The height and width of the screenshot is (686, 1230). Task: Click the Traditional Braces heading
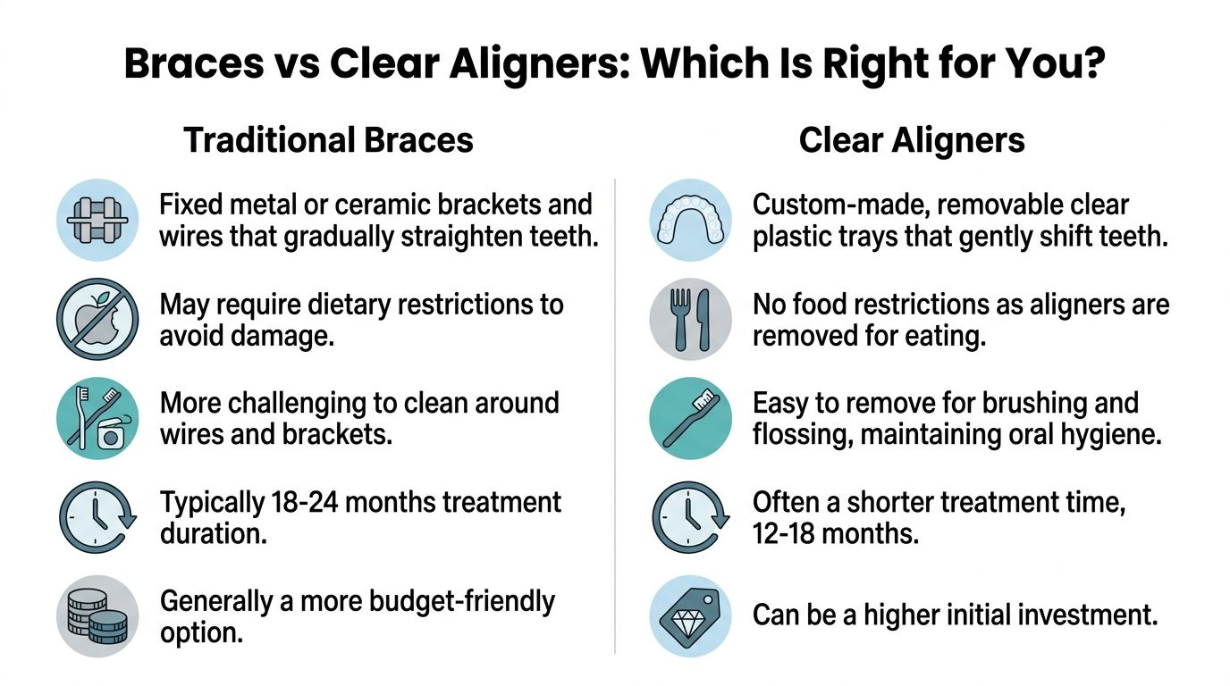click(x=328, y=141)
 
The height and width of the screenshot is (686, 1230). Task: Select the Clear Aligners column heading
click(x=912, y=141)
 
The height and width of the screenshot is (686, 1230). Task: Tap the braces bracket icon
click(x=97, y=219)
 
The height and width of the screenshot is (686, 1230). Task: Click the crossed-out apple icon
click(x=97, y=319)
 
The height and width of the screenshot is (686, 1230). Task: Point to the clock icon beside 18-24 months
click(x=97, y=516)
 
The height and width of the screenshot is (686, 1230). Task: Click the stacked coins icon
click(x=97, y=616)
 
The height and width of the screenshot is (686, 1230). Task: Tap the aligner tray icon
click(x=690, y=219)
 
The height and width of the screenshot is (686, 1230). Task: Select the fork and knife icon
click(x=690, y=319)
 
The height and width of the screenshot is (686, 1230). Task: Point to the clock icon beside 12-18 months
click(x=690, y=516)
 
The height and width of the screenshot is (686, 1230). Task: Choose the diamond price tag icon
click(x=690, y=616)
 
